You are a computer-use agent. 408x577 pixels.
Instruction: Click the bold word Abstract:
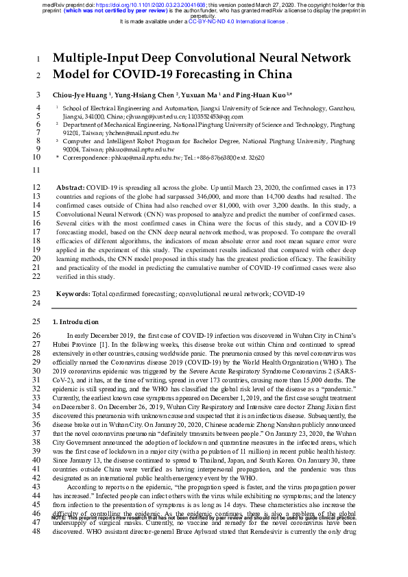[x=69, y=187]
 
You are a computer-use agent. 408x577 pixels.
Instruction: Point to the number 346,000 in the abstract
[x=193, y=196]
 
